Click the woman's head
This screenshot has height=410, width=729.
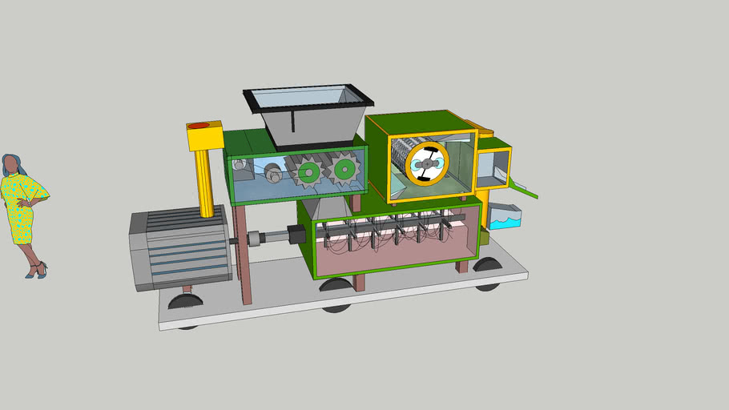click(x=11, y=165)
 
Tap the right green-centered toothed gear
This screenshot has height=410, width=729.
click(x=344, y=168)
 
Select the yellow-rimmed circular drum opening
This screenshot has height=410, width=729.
click(x=426, y=163)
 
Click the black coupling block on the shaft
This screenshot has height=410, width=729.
click(x=294, y=235)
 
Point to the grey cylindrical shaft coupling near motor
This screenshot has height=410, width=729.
click(x=256, y=239)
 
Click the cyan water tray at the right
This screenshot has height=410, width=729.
click(x=505, y=217)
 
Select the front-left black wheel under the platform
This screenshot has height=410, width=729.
click(x=185, y=302)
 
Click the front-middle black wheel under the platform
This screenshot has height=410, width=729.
click(x=336, y=285)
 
